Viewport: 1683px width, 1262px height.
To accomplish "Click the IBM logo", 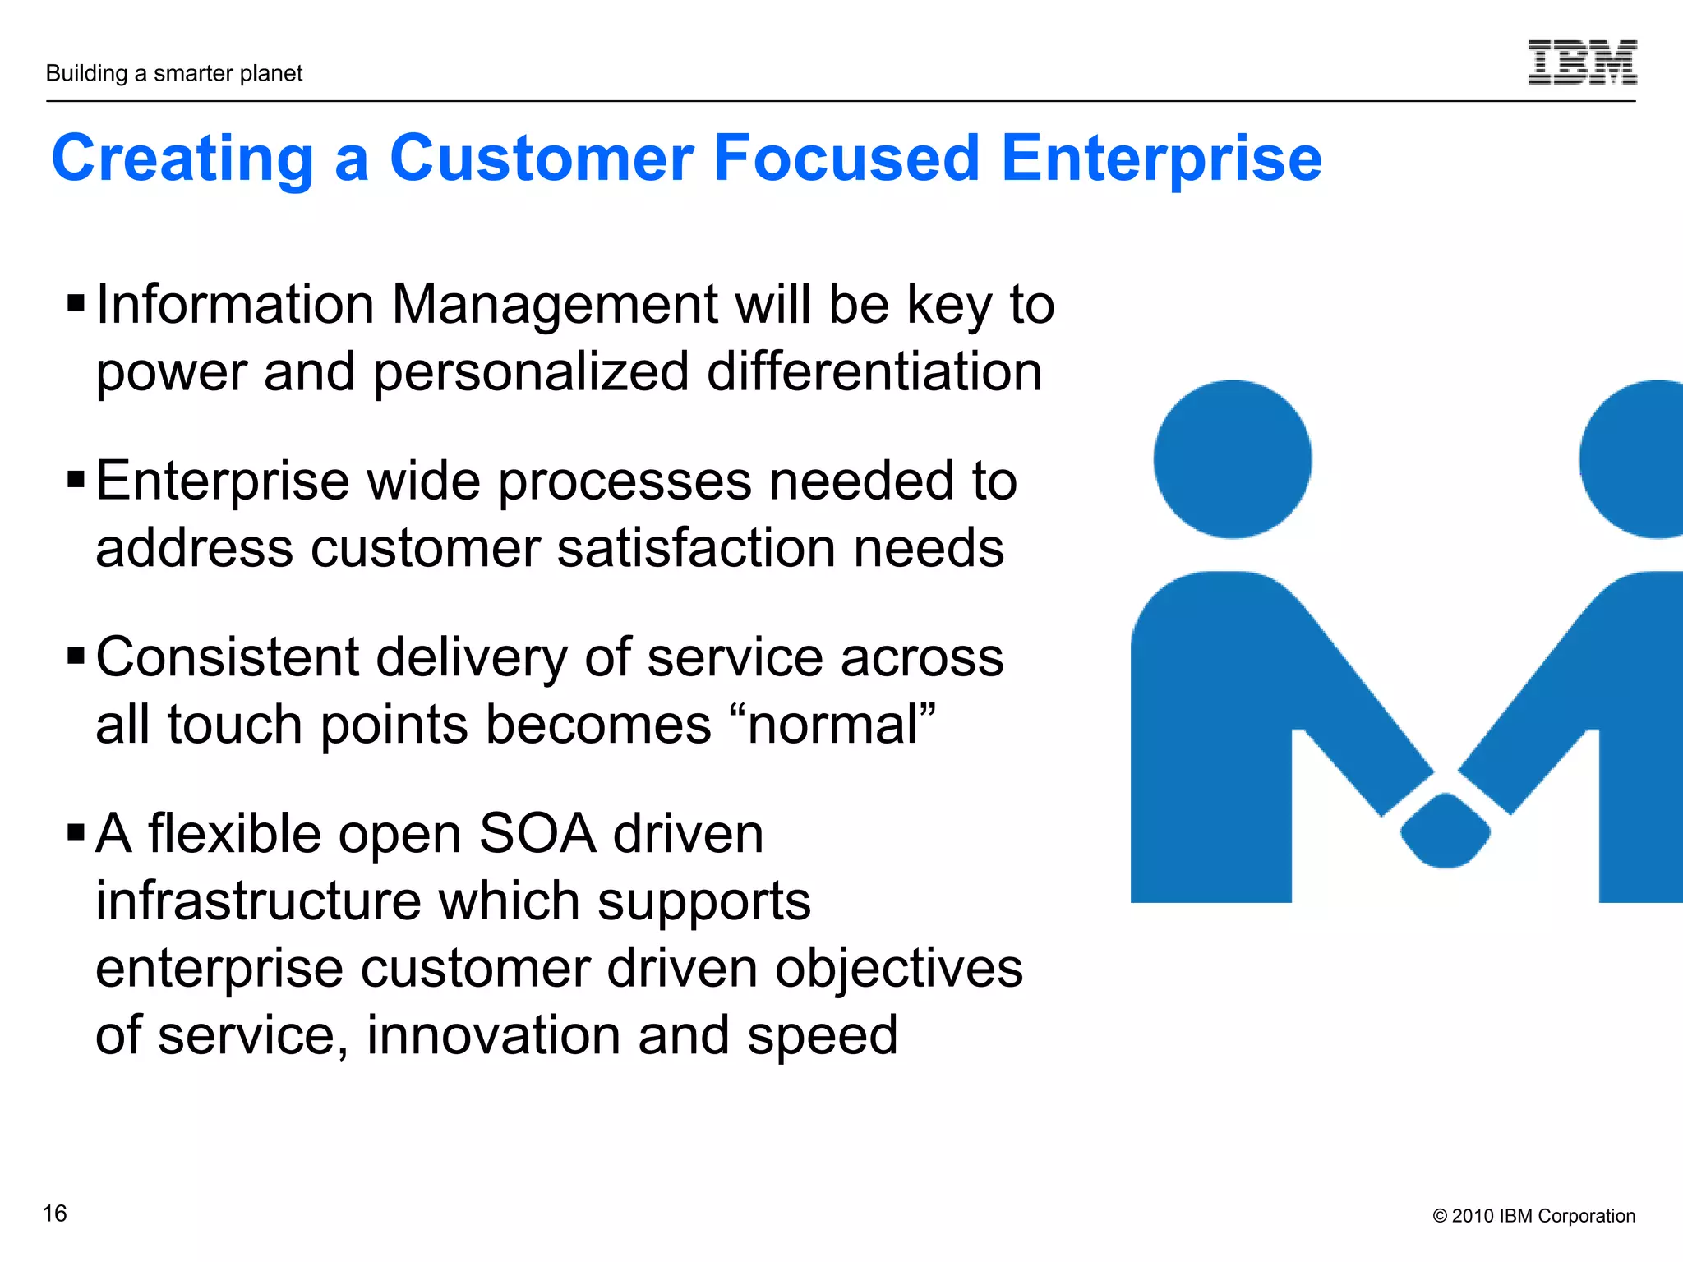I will [x=1582, y=62].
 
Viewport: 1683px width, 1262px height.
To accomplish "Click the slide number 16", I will [x=54, y=1214].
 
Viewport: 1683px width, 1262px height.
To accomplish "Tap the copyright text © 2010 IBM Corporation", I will [x=1533, y=1216].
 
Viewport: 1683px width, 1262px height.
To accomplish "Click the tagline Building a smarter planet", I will [x=174, y=74].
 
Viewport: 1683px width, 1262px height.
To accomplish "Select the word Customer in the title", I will [x=542, y=158].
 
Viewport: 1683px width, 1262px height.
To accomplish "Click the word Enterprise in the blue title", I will [x=1160, y=158].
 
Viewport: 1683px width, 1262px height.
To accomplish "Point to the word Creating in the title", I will [x=182, y=158].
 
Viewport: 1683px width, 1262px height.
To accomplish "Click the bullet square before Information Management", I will [x=76, y=303].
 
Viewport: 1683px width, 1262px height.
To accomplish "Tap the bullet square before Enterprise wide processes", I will [x=76, y=479].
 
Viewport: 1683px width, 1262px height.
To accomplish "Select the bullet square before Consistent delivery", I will [x=76, y=656].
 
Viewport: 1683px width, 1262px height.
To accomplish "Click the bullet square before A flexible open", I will [x=76, y=832].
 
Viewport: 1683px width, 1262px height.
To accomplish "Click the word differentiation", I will [x=874, y=371].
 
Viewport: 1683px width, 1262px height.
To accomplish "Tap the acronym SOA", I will [x=537, y=834].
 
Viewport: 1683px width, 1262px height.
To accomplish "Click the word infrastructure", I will [x=258, y=901].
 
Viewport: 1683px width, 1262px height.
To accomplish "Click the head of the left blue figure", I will [x=1232, y=459].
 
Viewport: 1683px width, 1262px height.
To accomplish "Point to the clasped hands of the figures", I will [x=1445, y=828].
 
